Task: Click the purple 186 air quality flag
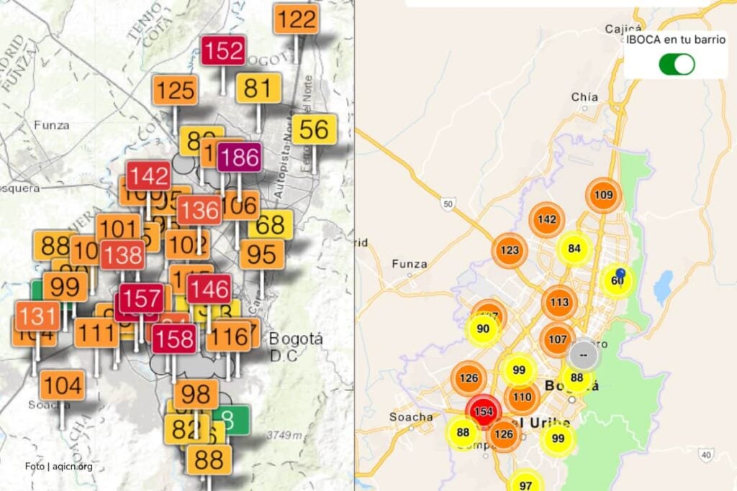(x=240, y=157)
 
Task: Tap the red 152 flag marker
(x=223, y=51)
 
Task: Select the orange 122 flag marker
(x=297, y=19)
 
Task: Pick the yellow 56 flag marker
(x=315, y=129)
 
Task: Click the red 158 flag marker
(x=174, y=337)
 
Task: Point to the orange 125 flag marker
(x=175, y=91)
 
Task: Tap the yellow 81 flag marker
(x=258, y=88)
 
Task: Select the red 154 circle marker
(x=484, y=411)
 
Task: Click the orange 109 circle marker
(x=603, y=195)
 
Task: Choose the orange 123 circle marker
(x=510, y=250)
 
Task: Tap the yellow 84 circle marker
(x=574, y=249)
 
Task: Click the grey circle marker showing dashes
(x=583, y=354)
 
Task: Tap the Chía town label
(x=584, y=97)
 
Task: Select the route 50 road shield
(x=448, y=204)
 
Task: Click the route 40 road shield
(x=707, y=454)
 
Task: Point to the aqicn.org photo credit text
(x=58, y=466)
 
